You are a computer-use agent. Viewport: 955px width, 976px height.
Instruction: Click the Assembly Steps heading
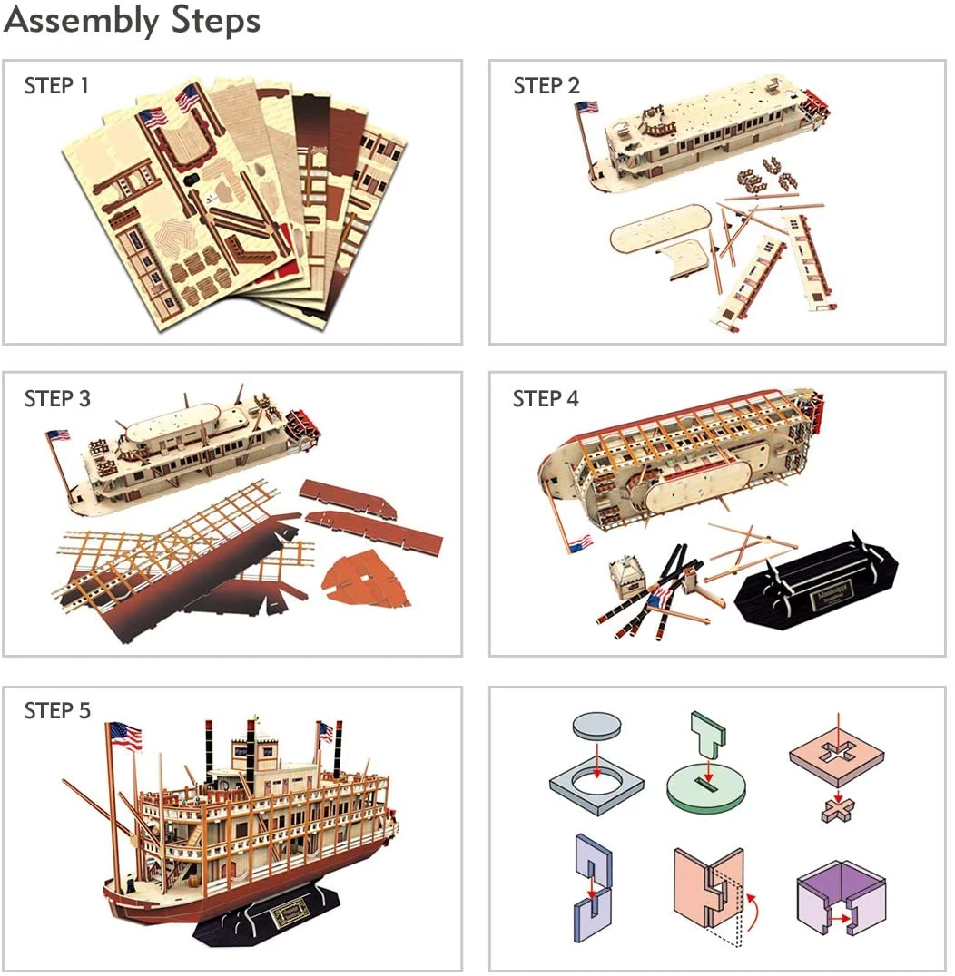coord(133,21)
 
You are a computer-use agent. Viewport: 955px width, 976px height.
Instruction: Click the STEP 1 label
coord(56,87)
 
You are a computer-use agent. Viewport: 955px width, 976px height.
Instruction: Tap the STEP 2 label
coord(546,87)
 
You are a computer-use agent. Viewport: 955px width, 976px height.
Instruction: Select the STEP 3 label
coord(57,399)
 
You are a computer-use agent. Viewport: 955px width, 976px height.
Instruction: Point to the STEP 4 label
coord(546,399)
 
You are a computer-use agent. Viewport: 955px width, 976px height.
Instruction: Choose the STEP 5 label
coord(57,711)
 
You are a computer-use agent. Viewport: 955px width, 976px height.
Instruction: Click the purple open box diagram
coord(840,899)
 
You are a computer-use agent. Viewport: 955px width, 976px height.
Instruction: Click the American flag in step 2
coord(586,107)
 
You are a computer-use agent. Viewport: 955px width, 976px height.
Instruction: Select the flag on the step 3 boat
coord(58,435)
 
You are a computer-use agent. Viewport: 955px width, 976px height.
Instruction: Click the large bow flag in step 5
coord(125,736)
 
